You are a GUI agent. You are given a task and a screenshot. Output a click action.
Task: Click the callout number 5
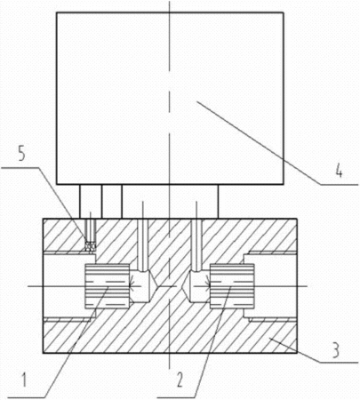click(x=22, y=153)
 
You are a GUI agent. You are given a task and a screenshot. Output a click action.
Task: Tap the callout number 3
click(x=336, y=350)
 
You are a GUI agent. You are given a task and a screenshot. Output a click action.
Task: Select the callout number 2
click(x=180, y=380)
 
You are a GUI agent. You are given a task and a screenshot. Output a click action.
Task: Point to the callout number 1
click(x=24, y=380)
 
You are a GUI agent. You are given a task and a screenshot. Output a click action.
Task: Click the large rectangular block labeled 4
click(x=170, y=99)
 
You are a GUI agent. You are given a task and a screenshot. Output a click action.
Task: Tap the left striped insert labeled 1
click(x=108, y=286)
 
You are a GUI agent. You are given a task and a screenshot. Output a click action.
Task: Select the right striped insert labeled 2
click(x=232, y=286)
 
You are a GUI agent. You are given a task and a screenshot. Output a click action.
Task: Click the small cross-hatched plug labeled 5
click(x=90, y=246)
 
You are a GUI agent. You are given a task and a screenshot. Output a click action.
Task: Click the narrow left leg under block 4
click(x=91, y=202)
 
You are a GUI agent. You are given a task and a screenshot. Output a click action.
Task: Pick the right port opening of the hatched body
click(x=271, y=286)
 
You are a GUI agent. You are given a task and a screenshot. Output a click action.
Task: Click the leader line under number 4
click(x=278, y=143)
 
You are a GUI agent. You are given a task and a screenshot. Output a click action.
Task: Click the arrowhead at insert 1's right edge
click(x=132, y=286)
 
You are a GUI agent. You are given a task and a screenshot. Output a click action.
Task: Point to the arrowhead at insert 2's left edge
click(x=207, y=286)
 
